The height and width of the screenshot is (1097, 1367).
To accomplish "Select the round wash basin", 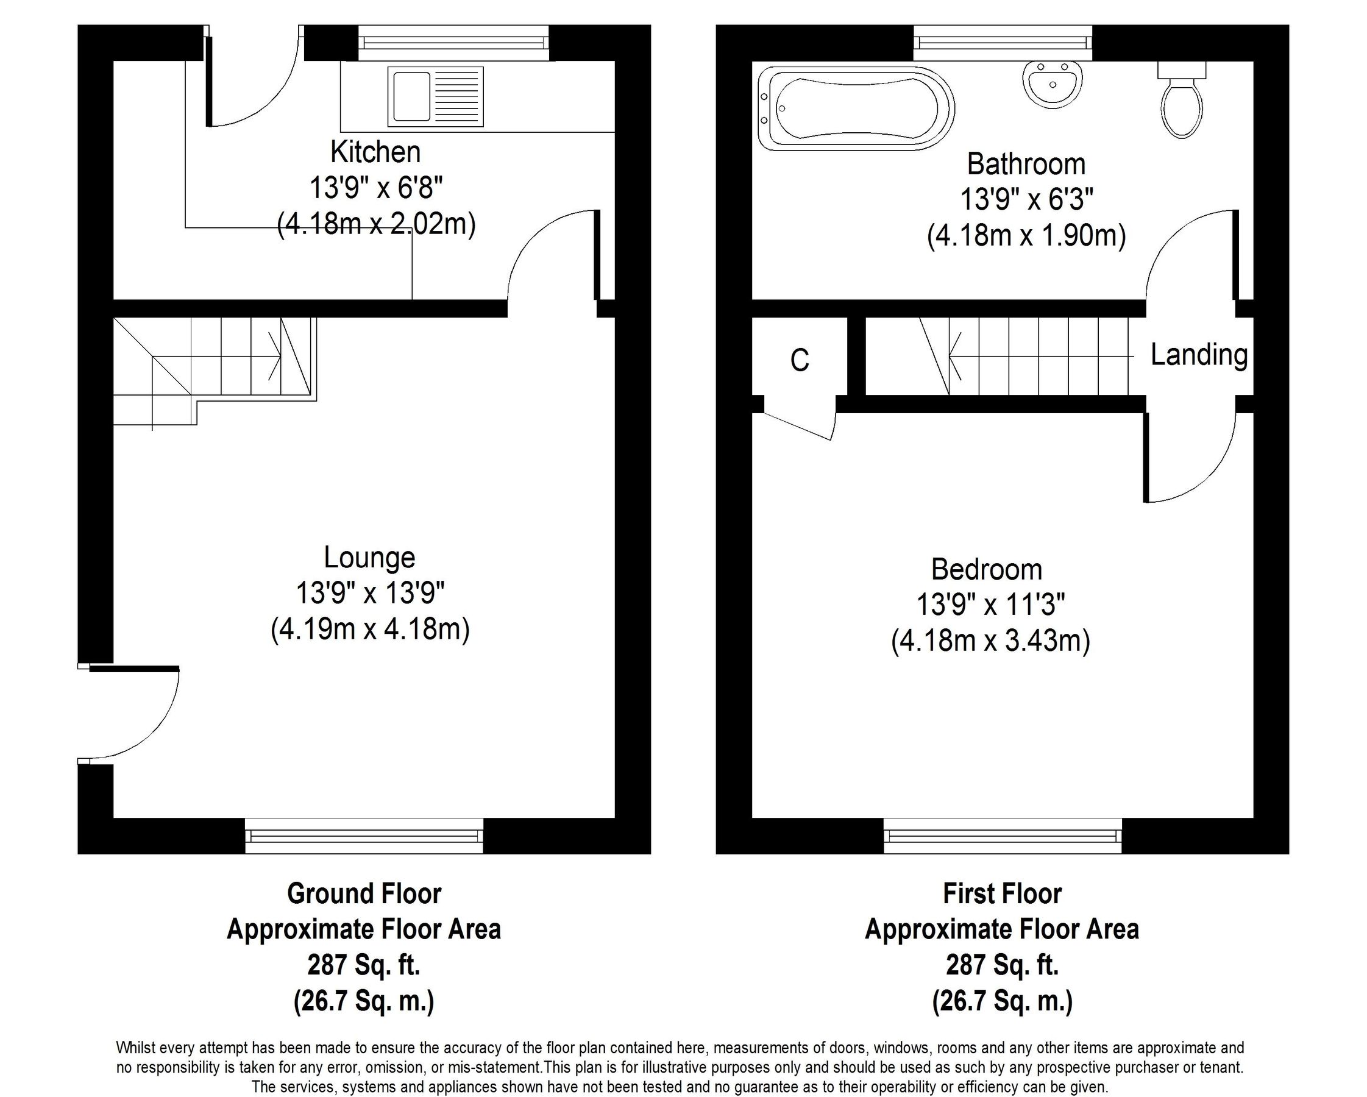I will click(x=1052, y=85).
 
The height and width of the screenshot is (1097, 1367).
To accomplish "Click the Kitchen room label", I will click(x=375, y=152).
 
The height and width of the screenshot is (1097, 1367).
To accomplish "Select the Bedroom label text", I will click(x=987, y=569).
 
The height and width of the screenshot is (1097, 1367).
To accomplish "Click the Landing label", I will click(x=1199, y=355).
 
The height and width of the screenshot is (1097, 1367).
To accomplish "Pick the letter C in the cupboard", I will click(x=800, y=360).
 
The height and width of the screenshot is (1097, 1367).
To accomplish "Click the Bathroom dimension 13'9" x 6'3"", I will click(x=1026, y=200).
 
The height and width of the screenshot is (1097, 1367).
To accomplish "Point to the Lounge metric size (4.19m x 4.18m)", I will click(x=371, y=630).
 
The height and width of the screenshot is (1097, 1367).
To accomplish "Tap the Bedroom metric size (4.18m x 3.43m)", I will click(x=990, y=641).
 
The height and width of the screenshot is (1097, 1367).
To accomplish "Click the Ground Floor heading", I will click(x=364, y=893).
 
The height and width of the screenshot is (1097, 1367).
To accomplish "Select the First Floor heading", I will click(x=1002, y=893).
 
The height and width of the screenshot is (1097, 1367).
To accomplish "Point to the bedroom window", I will click(x=1002, y=837).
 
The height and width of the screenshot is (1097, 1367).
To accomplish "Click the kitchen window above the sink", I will click(x=453, y=43).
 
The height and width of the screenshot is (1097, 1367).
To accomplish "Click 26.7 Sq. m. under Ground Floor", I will click(x=364, y=1002).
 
